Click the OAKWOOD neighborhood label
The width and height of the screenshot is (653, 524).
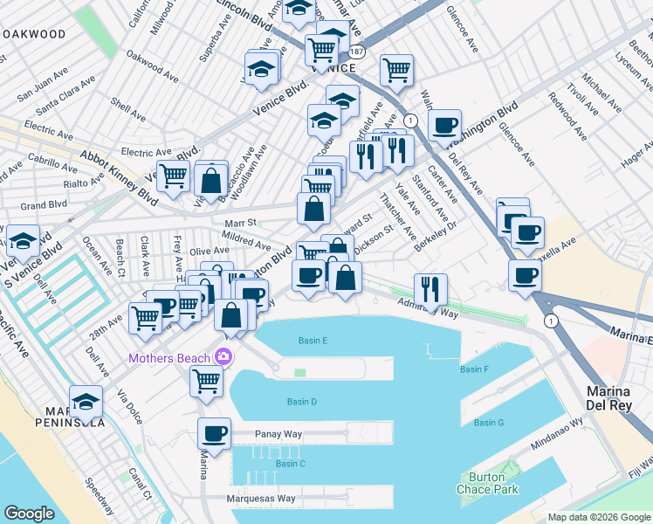(33, 34)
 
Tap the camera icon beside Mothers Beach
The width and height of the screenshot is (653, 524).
(224, 357)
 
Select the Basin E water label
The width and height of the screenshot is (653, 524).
(313, 341)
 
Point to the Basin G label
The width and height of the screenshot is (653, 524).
(489, 423)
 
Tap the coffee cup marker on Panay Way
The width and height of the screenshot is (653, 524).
(214, 432)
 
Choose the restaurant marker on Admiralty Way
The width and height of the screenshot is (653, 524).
(430, 288)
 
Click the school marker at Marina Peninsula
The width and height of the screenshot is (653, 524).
(86, 400)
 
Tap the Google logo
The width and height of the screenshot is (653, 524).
(29, 514)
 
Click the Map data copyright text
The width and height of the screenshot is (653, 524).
(599, 517)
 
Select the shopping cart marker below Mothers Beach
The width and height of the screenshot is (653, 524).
(206, 380)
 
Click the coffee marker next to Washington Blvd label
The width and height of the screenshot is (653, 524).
(444, 124)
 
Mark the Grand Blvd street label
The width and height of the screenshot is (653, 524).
(44, 206)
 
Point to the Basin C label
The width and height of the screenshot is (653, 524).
(290, 463)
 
